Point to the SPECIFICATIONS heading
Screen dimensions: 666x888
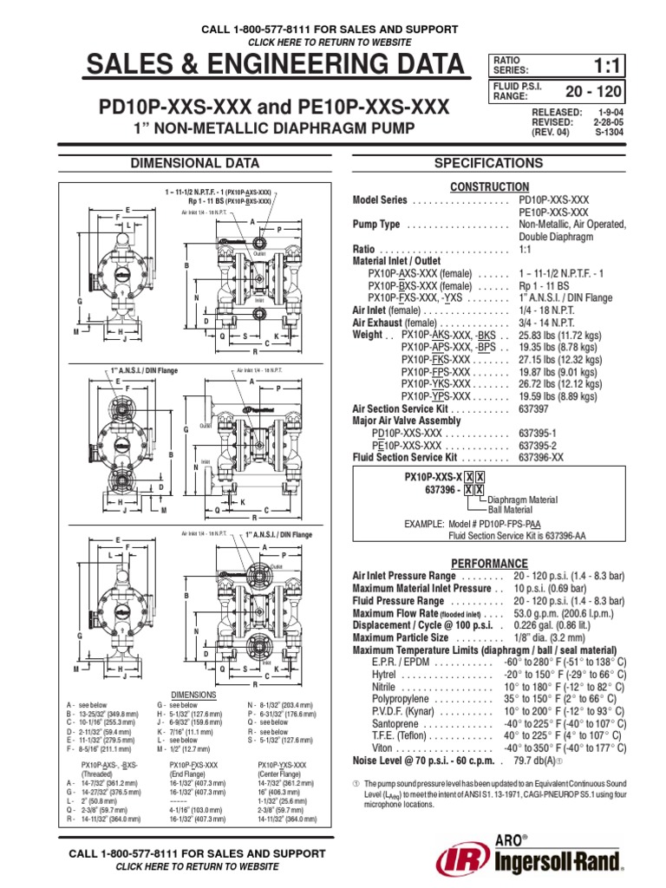pyautogui.click(x=501, y=162)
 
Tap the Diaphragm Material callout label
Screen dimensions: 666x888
pyautogui.click(x=524, y=499)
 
